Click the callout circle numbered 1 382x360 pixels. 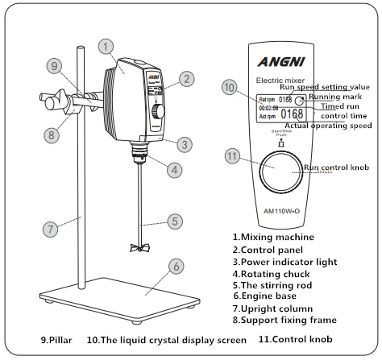(x=106, y=48)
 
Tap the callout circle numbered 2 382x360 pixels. (x=186, y=79)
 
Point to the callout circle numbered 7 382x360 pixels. (x=50, y=229)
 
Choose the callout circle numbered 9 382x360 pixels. (x=54, y=65)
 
